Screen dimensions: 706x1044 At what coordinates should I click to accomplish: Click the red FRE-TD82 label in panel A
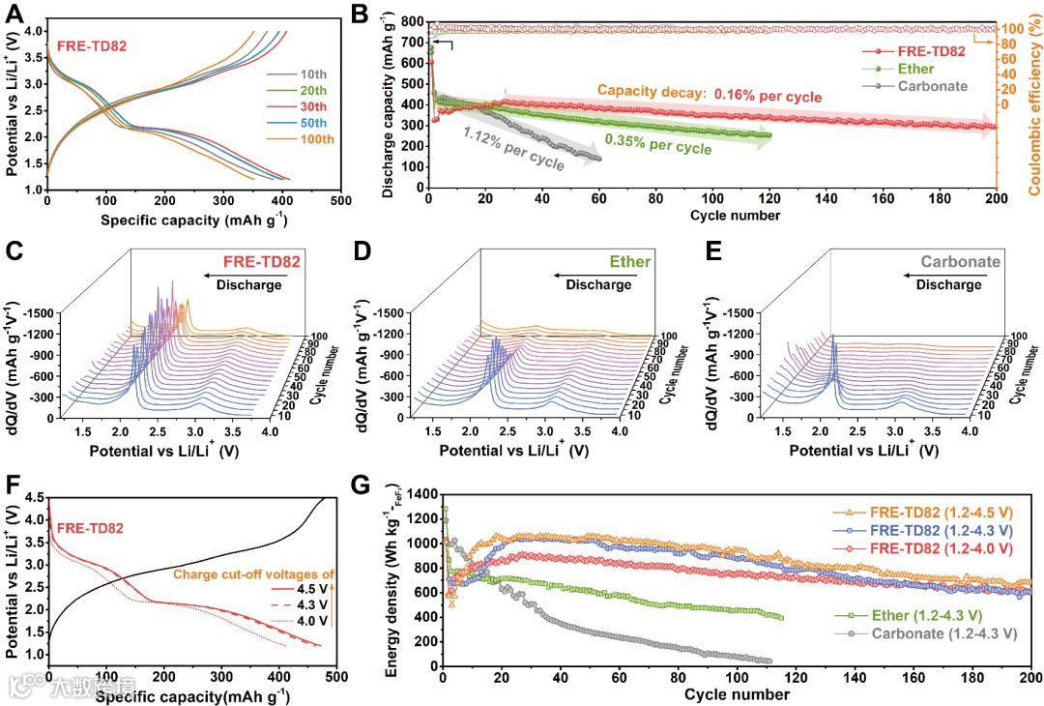pyautogui.click(x=92, y=45)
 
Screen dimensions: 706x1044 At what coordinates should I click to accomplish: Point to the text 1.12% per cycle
pyautogui.click(x=513, y=149)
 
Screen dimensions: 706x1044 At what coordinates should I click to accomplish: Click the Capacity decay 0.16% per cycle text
pyautogui.click(x=709, y=96)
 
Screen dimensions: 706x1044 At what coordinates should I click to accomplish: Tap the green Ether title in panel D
pyautogui.click(x=630, y=262)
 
